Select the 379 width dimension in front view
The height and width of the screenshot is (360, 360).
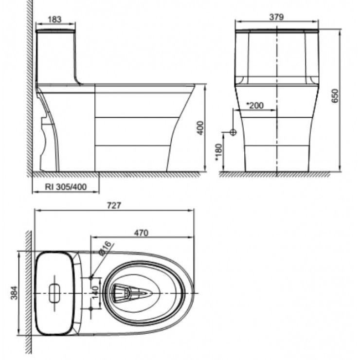[x=276, y=16]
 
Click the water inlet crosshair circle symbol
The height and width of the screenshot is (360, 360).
[x=233, y=132]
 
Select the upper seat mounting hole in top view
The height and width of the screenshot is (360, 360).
[x=91, y=277]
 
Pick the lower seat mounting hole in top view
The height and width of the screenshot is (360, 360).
[x=91, y=309]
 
